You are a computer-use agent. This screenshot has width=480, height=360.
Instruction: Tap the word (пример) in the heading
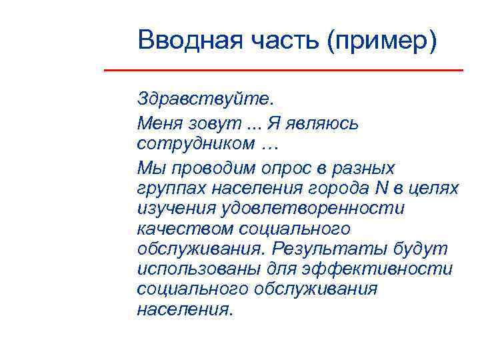point(382,41)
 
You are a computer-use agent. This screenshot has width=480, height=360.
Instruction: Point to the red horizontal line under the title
point(284,70)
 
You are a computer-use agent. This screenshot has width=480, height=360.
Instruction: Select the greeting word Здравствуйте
point(205,101)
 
